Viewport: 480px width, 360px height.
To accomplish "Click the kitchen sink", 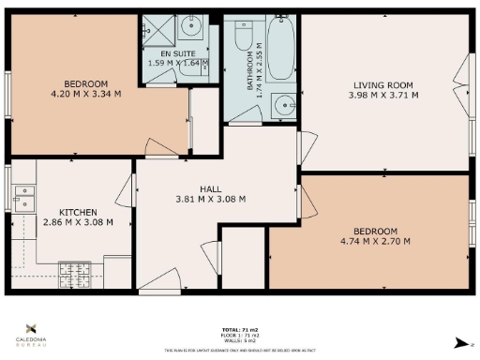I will click(22, 199).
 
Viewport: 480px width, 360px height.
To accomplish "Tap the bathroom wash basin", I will click(280, 104).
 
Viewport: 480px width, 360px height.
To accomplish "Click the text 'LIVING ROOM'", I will click(382, 84).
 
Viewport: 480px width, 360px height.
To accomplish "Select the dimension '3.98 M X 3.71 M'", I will click(382, 95).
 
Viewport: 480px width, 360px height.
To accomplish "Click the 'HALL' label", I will click(211, 187).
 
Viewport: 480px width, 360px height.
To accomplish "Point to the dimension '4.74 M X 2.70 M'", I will click(375, 242).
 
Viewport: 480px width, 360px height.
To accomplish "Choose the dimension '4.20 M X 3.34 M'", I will click(73, 93).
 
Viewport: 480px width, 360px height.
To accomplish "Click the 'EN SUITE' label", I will click(172, 53).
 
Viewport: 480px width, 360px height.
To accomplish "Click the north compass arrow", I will click(457, 343).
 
